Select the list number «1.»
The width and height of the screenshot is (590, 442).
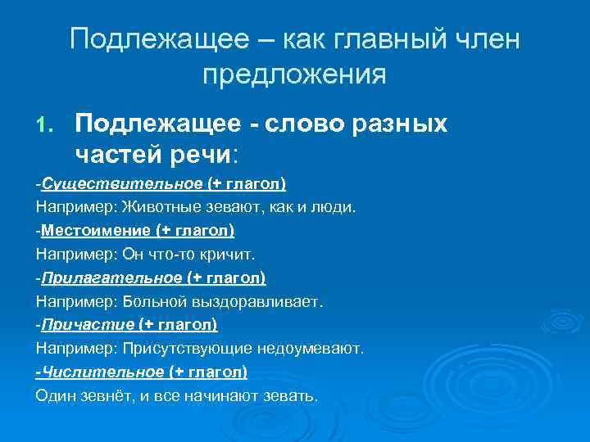[46, 124]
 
